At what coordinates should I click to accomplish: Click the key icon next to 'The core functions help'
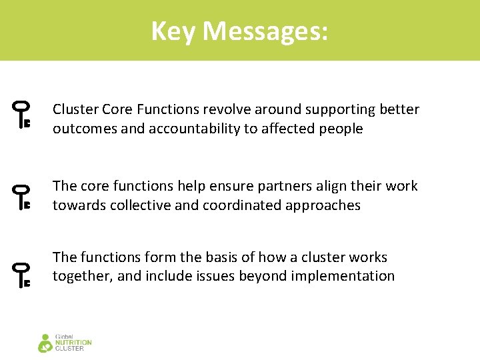(x=23, y=198)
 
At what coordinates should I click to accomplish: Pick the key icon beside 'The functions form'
(x=23, y=275)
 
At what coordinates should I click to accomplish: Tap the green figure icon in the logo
(x=45, y=343)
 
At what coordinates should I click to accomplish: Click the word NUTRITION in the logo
(x=74, y=343)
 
